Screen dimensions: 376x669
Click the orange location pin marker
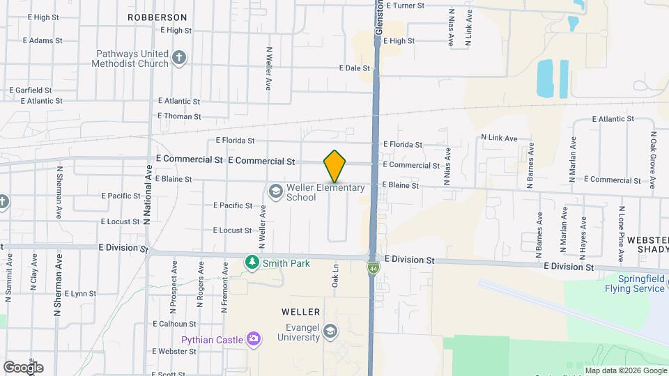click(335, 166)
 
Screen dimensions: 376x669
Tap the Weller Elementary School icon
click(275, 190)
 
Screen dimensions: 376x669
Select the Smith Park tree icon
click(252, 263)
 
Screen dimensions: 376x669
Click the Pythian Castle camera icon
click(253, 339)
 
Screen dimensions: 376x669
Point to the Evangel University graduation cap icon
click(330, 330)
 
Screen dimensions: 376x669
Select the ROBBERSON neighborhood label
click(157, 17)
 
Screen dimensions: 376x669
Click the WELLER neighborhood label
click(301, 312)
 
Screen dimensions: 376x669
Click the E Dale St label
click(354, 68)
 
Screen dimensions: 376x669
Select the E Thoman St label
click(179, 116)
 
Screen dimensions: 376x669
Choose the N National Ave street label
click(147, 194)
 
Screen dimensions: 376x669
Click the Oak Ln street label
click(335, 276)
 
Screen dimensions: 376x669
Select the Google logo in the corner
click(23, 367)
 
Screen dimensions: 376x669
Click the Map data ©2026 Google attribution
click(624, 370)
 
